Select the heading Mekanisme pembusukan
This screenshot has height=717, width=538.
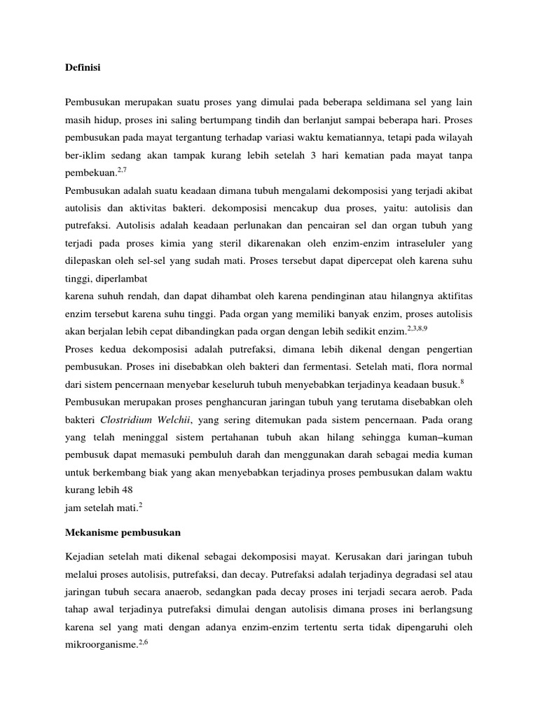[123, 533]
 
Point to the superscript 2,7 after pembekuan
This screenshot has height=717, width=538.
[121, 169]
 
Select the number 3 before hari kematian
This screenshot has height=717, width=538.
[318, 153]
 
